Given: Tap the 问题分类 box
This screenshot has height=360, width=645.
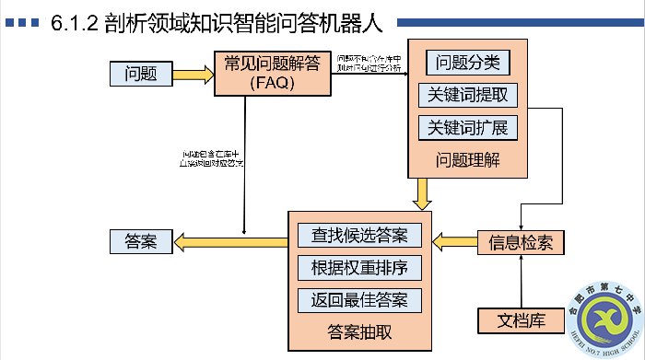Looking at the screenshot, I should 467,63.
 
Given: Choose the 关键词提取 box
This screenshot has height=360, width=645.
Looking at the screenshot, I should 467,95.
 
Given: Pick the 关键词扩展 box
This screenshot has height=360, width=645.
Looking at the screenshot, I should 467,127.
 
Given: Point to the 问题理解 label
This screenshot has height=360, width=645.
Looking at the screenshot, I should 468,158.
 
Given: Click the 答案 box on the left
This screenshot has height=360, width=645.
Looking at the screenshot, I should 140,242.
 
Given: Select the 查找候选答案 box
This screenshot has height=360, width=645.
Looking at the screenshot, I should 359,235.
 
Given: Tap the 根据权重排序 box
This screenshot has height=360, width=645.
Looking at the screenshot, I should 359,268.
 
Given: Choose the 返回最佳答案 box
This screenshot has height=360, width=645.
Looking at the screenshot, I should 359,300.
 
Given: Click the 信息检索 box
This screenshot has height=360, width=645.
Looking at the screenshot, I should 521,242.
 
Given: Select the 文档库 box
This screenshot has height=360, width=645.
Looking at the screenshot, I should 522,321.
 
